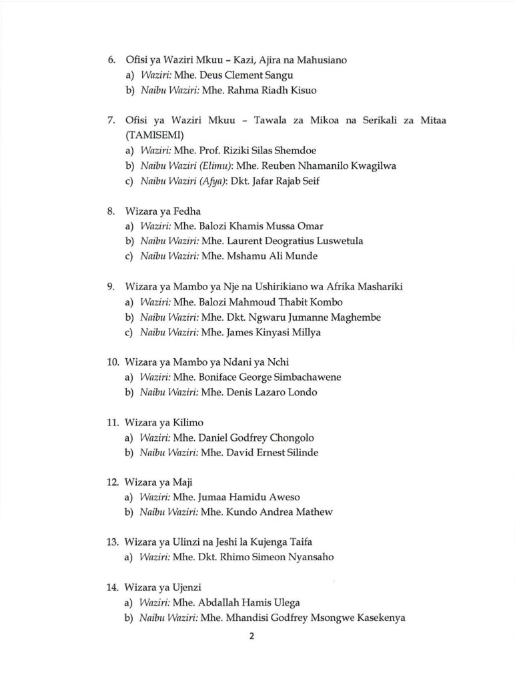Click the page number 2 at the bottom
(x=251, y=636)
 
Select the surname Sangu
(x=279, y=75)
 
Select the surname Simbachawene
(x=305, y=378)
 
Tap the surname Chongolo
(x=292, y=438)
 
